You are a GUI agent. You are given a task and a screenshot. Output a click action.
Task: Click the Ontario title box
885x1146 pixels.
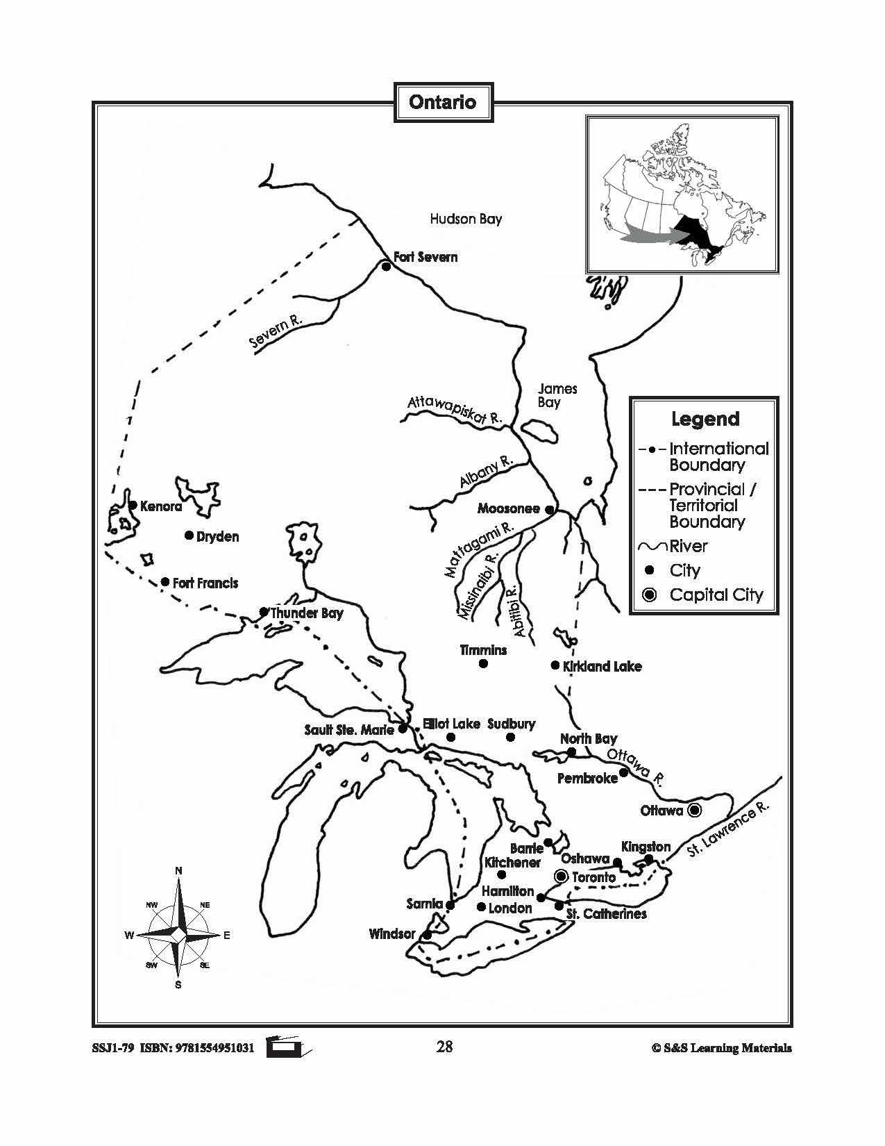click(x=443, y=103)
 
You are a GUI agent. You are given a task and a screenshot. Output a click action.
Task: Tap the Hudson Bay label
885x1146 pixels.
click(x=466, y=219)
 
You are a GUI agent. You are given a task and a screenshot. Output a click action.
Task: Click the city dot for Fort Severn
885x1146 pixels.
click(x=387, y=266)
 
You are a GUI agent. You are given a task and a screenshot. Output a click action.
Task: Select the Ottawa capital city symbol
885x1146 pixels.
click(x=694, y=811)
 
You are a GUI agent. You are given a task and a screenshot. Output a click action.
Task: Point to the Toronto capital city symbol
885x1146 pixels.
click(x=561, y=877)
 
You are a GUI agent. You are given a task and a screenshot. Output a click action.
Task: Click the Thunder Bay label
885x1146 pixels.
click(x=307, y=613)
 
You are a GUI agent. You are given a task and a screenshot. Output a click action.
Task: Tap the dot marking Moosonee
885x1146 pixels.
click(x=549, y=510)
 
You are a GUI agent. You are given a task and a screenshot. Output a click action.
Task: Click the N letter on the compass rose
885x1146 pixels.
click(x=178, y=870)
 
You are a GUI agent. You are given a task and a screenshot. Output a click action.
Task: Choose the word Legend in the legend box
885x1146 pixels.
click(x=705, y=419)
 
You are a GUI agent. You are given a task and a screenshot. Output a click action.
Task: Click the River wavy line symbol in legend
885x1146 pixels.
click(x=652, y=547)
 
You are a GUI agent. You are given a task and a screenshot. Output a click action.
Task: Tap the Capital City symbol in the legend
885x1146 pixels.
click(x=650, y=595)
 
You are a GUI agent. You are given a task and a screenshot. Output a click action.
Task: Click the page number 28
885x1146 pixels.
click(x=444, y=1046)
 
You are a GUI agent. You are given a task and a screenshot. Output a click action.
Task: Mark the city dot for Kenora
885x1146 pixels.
click(x=132, y=506)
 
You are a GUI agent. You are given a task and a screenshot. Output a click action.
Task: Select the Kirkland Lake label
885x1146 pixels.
click(x=602, y=666)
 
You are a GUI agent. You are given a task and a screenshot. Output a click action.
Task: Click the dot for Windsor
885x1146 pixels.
click(x=428, y=935)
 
